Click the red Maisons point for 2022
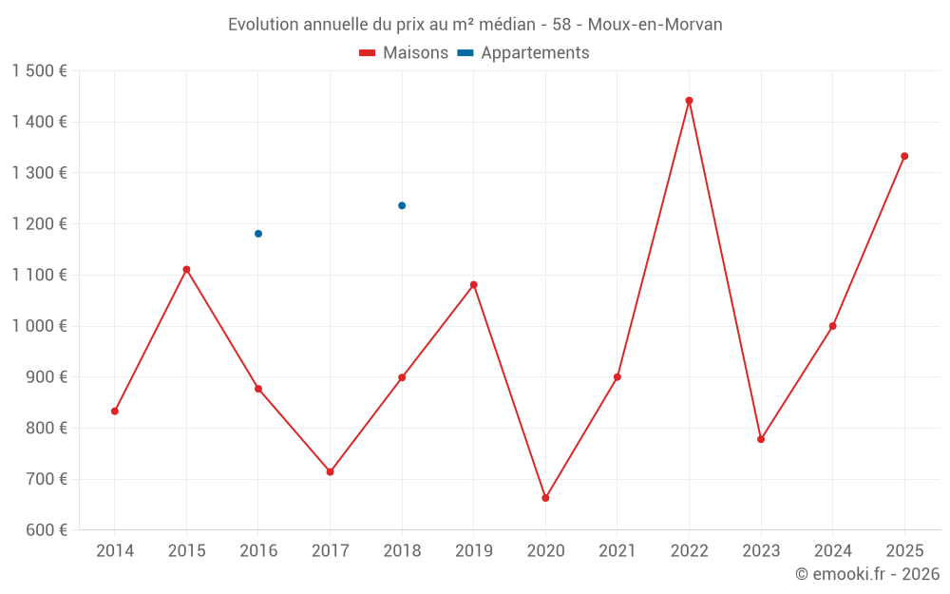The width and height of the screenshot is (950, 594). (x=689, y=101)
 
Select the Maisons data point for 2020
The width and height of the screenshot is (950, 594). (x=545, y=498)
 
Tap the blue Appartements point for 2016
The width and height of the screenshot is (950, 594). (x=258, y=234)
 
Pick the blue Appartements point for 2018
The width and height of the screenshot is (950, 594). (x=402, y=205)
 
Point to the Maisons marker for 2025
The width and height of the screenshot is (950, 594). (x=904, y=156)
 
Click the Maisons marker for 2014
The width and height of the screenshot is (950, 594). (x=115, y=412)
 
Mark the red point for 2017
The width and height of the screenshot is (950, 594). (x=330, y=471)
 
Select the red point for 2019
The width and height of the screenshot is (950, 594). (x=474, y=285)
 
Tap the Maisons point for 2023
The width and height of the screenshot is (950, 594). (x=761, y=439)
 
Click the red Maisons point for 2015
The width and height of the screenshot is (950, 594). (x=186, y=270)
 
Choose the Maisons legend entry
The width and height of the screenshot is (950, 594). (x=404, y=53)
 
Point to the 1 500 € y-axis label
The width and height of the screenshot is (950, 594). (x=40, y=71)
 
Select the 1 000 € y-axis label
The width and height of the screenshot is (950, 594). (x=40, y=326)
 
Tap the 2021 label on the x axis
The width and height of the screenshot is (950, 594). (x=617, y=551)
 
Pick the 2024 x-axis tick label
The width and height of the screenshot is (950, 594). (x=832, y=551)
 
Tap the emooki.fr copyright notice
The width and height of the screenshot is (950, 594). (x=866, y=574)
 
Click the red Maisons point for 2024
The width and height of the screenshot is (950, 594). (x=832, y=326)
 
